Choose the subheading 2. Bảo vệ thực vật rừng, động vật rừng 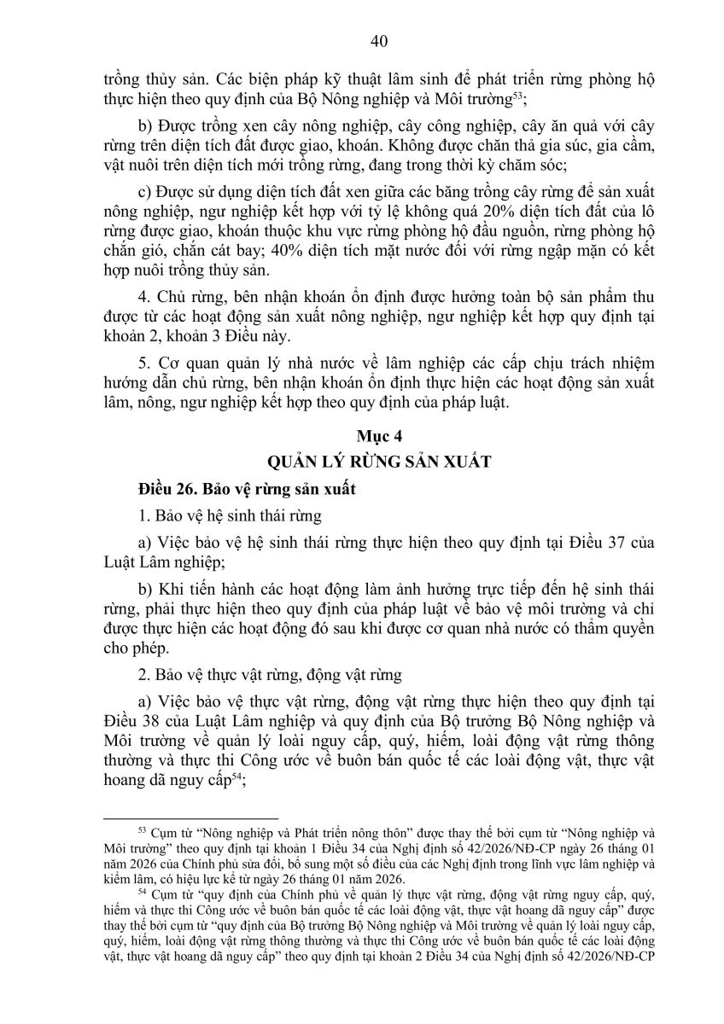point(268,676)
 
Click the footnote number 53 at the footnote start point(142,828)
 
